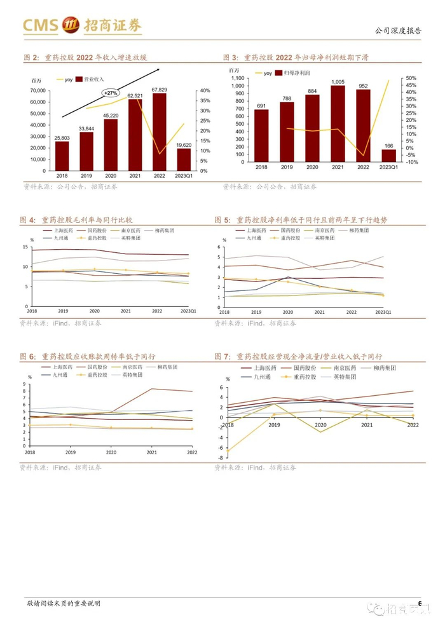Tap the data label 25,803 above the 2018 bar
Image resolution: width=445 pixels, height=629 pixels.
[x=62, y=137]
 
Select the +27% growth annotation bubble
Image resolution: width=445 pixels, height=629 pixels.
[x=110, y=92]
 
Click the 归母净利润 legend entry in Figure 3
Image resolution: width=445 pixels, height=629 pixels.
[x=291, y=74]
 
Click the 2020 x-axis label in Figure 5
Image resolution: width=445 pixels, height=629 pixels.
[x=287, y=313]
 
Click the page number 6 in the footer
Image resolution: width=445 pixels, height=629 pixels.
[x=420, y=602]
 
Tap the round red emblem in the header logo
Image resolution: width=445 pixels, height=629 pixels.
[x=70, y=26]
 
